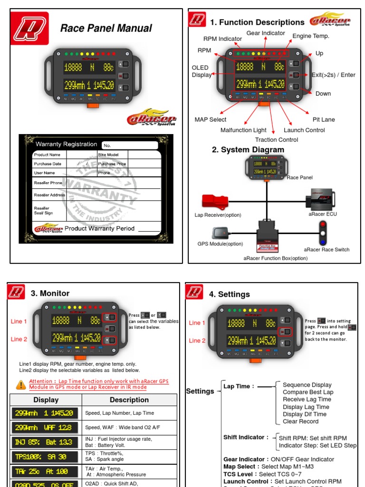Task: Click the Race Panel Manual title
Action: tap(106, 28)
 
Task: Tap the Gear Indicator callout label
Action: tap(266, 33)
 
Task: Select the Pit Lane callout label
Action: tap(324, 119)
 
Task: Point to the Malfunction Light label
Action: tap(243, 130)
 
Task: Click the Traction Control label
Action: tap(277, 140)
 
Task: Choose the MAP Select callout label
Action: tap(211, 119)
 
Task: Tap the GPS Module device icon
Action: tap(221, 233)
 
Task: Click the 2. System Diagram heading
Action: tap(248, 150)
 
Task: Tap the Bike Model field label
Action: tap(109, 155)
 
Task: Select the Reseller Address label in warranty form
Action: tap(49, 195)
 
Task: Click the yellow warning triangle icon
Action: tap(21, 384)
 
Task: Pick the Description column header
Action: tap(129, 400)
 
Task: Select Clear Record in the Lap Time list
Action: tap(300, 421)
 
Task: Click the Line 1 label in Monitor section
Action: tap(19, 321)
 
